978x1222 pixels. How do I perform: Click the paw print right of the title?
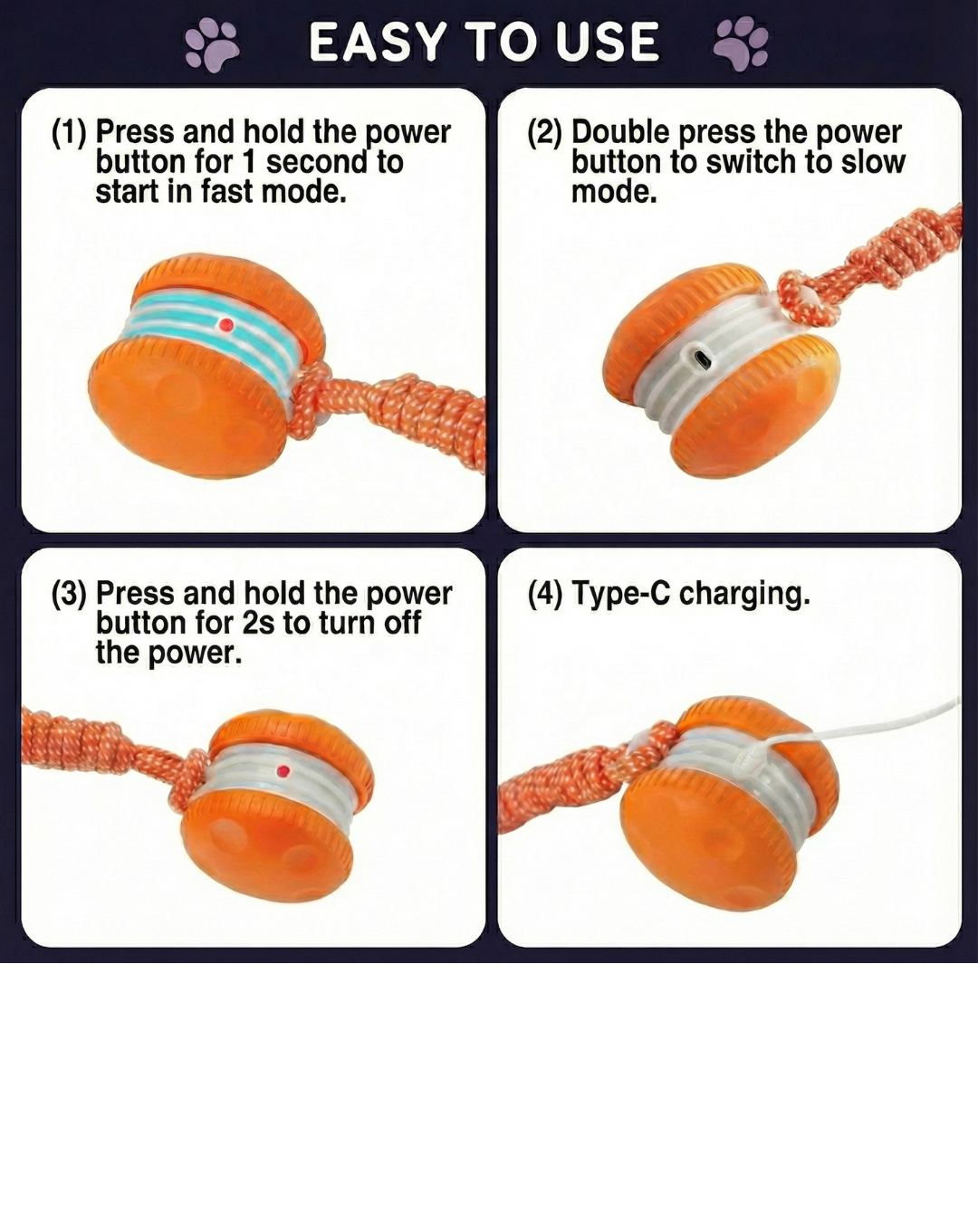tap(741, 43)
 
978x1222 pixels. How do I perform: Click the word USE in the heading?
tap(608, 43)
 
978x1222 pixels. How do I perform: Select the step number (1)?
tap(69, 132)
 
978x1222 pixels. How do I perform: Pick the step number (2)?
tap(545, 132)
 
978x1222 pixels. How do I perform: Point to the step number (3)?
tap(69, 594)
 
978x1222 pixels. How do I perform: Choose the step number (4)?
tap(545, 594)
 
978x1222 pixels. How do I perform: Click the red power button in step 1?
tap(226, 325)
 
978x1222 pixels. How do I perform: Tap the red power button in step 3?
tap(283, 771)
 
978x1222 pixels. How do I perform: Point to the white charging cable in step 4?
tap(869, 725)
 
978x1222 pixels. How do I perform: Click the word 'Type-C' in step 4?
tap(621, 594)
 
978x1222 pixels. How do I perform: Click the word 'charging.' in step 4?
tap(744, 595)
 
